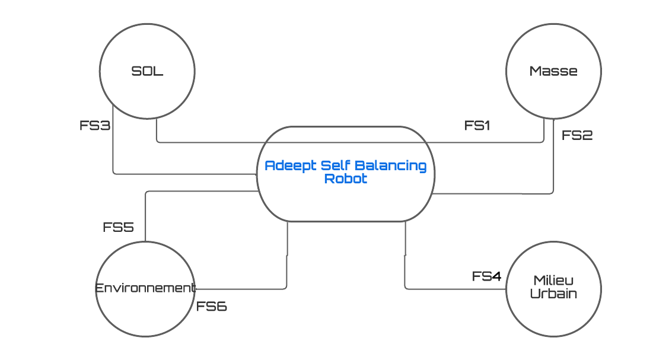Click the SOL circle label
click(x=147, y=72)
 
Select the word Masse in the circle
click(x=553, y=71)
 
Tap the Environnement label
click(x=145, y=288)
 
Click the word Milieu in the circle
click(x=553, y=280)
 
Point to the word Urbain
click(x=553, y=293)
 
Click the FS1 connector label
click(x=477, y=125)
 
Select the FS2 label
click(x=577, y=135)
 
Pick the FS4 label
click(x=486, y=276)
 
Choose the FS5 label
click(x=118, y=227)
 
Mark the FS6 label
click(x=212, y=307)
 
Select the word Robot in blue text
click(x=346, y=179)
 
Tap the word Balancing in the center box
click(x=393, y=165)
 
